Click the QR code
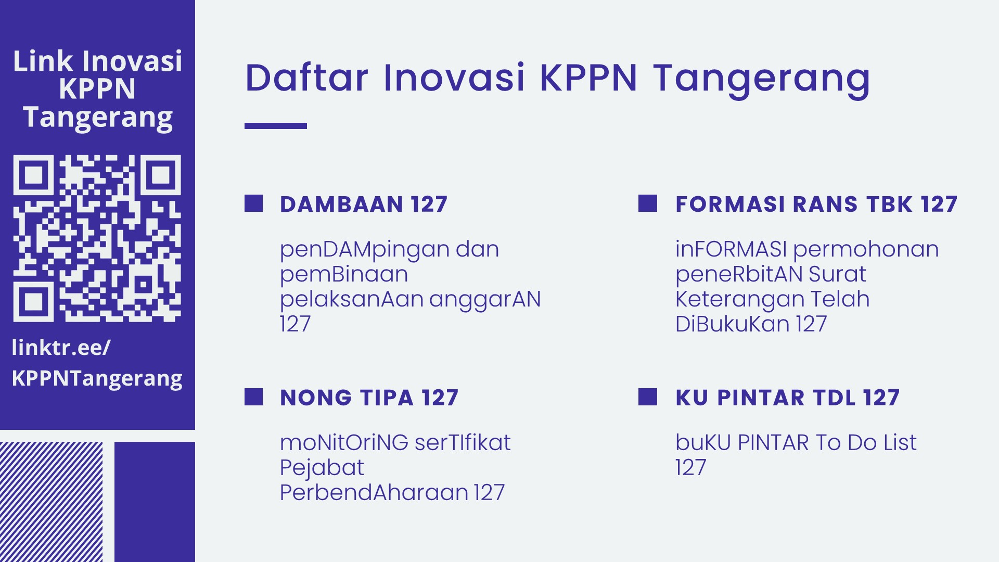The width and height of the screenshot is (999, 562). pyautogui.click(x=97, y=238)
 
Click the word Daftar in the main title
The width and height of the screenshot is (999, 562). pyautogui.click(x=307, y=78)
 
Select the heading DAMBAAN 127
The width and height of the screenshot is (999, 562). pyautogui.click(x=364, y=204)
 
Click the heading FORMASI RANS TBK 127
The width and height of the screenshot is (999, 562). pyautogui.click(x=816, y=204)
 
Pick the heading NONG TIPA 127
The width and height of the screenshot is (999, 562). pyautogui.click(x=369, y=398)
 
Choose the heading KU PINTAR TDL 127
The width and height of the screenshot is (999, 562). pyautogui.click(x=787, y=398)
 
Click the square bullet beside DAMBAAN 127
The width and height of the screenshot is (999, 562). pyautogui.click(x=253, y=203)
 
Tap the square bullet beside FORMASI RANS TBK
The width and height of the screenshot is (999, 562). pyautogui.click(x=648, y=203)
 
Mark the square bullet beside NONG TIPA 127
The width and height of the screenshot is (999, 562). pyautogui.click(x=253, y=397)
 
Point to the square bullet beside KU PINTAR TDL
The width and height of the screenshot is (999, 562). pyautogui.click(x=648, y=397)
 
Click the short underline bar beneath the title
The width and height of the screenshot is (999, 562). pyautogui.click(x=276, y=126)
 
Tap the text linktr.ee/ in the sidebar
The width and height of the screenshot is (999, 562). pyautogui.click(x=61, y=348)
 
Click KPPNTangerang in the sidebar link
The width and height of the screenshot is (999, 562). pyautogui.click(x=97, y=379)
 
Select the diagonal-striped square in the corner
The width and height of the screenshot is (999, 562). pyautogui.click(x=51, y=502)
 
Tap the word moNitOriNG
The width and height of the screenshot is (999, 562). pyautogui.click(x=344, y=442)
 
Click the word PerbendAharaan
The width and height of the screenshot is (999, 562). pyautogui.click(x=374, y=492)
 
